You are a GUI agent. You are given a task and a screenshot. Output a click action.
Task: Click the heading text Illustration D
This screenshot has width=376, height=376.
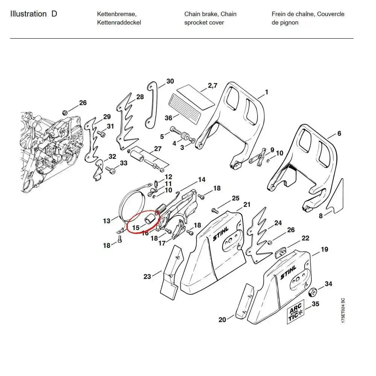[34, 14]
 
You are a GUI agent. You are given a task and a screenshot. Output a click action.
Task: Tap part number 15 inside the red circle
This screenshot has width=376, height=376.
[136, 227]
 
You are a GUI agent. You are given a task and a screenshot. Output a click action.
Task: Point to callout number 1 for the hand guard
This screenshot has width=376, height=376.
[267, 92]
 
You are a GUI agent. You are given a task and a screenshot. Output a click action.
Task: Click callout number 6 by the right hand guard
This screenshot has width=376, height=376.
[339, 133]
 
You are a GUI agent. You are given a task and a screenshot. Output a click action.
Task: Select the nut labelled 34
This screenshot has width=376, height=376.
[312, 293]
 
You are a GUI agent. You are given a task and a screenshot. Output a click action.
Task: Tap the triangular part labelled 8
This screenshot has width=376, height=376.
[335, 197]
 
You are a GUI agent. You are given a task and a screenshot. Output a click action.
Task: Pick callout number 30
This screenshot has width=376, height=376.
[170, 81]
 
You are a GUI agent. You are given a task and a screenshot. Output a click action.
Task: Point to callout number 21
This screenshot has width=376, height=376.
[247, 205]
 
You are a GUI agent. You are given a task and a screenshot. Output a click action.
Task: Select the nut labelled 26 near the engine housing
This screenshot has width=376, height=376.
[64, 112]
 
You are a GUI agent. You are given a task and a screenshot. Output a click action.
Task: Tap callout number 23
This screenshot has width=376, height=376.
[147, 277]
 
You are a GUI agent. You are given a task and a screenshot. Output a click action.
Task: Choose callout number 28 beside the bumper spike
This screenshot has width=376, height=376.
[140, 97]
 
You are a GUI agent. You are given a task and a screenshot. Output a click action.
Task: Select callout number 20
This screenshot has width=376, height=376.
[222, 320]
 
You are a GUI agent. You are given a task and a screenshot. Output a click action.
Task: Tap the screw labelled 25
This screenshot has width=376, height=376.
[215, 209]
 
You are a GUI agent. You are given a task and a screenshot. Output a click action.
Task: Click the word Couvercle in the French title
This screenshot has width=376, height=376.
[331, 14]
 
